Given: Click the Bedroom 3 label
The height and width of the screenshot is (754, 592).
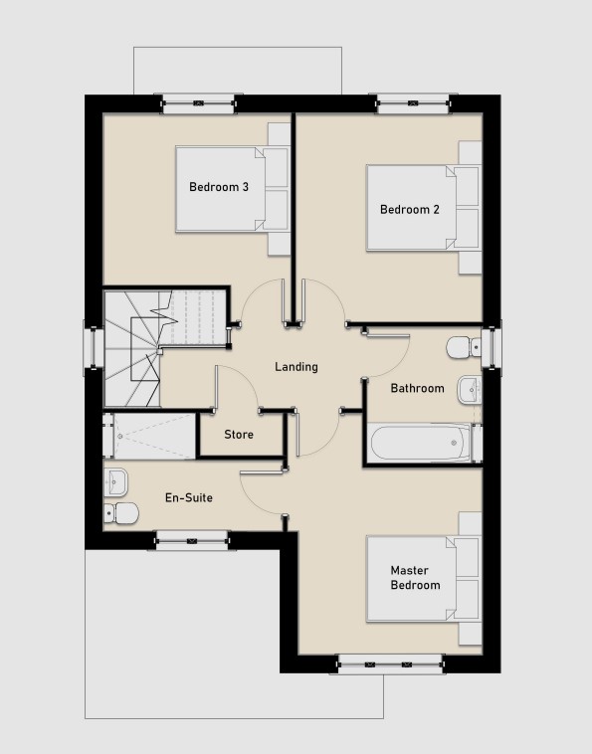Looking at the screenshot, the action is [219, 187].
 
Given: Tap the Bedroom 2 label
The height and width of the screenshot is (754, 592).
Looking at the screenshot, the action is [410, 209].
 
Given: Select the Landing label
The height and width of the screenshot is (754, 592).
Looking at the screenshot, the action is [296, 367].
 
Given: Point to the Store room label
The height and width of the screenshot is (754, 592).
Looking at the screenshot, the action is [239, 435].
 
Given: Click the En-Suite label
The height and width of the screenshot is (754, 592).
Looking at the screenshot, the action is [188, 497].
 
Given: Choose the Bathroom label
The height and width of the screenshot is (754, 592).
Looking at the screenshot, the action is [418, 388].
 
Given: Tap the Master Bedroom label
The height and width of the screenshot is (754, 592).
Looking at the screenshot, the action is [415, 578].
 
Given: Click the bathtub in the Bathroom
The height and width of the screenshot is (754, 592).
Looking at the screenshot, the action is [421, 442].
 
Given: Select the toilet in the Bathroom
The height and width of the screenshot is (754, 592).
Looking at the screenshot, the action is [463, 347].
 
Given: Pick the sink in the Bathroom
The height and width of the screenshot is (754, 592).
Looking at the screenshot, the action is [469, 390].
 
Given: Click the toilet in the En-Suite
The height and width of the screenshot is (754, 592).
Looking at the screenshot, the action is [120, 513].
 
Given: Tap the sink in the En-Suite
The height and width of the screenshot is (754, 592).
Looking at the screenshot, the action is [115, 482].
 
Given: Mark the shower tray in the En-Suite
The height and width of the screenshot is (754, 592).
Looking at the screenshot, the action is [149, 436].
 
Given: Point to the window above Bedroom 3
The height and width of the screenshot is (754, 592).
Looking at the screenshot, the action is [198, 103].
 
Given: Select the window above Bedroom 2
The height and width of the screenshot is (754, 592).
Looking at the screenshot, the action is [413, 103].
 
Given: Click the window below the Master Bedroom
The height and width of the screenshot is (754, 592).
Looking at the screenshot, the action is [390, 663].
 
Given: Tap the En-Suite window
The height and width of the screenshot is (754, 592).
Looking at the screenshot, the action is [192, 540].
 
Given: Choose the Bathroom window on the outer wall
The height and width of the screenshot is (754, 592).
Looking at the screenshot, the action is [492, 345].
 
